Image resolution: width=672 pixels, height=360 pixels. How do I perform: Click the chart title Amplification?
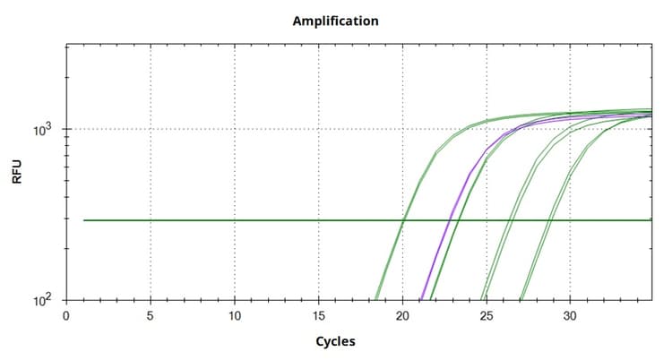335,20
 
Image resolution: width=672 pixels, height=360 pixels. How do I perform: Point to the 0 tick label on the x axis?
66,315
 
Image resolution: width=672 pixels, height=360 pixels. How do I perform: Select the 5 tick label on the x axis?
151,315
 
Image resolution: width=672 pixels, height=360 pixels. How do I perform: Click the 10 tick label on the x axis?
235,315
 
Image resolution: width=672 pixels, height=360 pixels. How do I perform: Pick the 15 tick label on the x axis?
319,315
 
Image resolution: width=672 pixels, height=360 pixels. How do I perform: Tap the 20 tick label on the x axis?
403,315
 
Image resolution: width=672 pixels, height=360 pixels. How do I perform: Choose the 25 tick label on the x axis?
487,315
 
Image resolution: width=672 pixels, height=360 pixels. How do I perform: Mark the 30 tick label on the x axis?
571,315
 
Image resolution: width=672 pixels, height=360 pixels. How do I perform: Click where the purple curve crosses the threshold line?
450,219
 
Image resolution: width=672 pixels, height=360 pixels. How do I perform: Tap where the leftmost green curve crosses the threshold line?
403,219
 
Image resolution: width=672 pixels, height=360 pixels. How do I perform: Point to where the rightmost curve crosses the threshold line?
549,219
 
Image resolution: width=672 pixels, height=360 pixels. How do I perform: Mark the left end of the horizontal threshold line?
84,219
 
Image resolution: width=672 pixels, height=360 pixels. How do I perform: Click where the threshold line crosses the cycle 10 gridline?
235,219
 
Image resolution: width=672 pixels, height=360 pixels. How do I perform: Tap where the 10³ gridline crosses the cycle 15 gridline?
319,129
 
